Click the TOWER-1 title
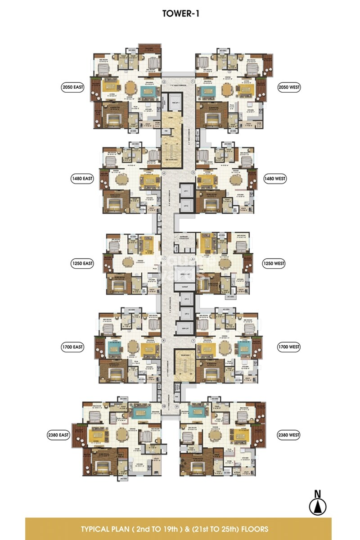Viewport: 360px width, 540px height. (180, 14)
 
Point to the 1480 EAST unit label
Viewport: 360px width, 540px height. (81, 179)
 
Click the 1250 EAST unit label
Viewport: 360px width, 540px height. (81, 263)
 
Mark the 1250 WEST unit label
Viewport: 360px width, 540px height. (274, 263)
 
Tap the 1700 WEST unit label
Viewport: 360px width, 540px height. (288, 347)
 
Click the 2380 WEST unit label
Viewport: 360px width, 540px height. (288, 435)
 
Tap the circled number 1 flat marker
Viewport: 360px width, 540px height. (193, 82)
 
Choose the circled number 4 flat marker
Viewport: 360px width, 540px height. (164, 173)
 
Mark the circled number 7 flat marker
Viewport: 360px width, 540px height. (193, 341)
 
